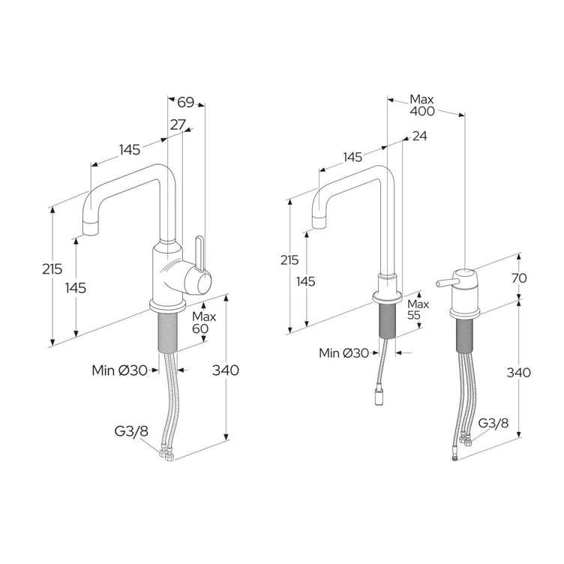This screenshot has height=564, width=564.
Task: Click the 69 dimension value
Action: (x=185, y=102)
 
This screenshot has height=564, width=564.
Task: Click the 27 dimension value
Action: (x=178, y=124)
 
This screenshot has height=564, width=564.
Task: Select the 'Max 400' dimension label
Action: (x=422, y=105)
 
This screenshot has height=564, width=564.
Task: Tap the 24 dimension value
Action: (x=419, y=136)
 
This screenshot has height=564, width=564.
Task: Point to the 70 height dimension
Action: (x=519, y=277)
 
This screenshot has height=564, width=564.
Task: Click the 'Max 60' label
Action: (x=203, y=322)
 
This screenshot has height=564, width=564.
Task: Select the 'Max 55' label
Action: (x=418, y=309)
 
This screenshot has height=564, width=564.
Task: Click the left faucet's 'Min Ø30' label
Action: (x=119, y=370)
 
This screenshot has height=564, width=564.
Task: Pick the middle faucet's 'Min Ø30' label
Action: (x=343, y=353)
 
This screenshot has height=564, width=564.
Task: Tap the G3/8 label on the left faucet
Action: (x=131, y=431)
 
